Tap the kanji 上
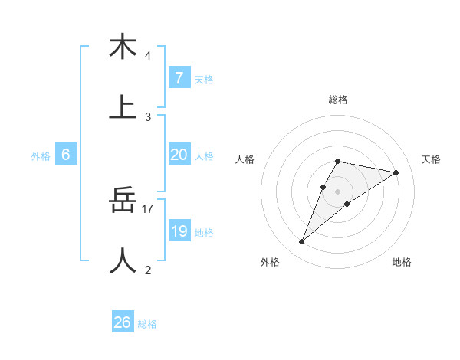tap(123, 107)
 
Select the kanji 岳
tap(123, 201)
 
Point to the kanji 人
tap(123, 261)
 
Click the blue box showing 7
tap(179, 78)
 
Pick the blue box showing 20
tap(179, 155)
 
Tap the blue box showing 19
tap(179, 231)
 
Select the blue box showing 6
tap(65, 155)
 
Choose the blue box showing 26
tap(122, 322)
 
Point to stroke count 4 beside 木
tap(148, 55)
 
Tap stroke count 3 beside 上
tap(148, 116)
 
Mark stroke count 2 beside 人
tap(148, 270)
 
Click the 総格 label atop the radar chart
tap(337, 100)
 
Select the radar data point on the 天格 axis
tap(396, 172)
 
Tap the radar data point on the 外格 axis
tap(302, 242)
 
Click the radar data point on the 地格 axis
tap(347, 203)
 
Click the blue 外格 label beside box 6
tap(41, 156)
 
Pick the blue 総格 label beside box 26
tap(147, 324)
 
